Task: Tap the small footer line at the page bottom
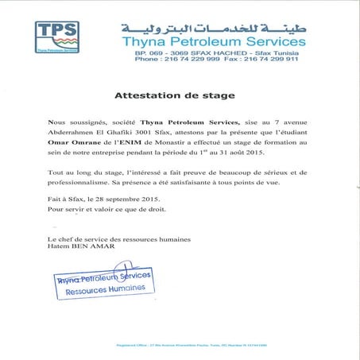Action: click(x=235, y=344)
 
